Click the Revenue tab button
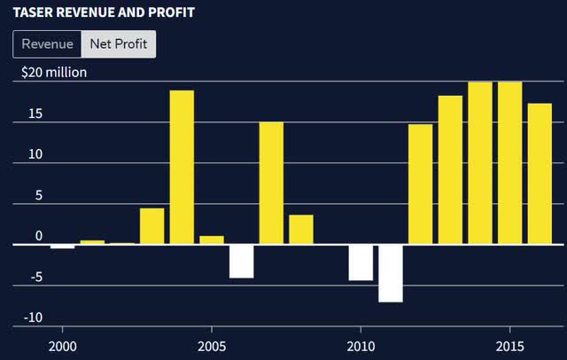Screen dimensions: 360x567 [x=47, y=44]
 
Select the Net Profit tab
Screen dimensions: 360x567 [x=119, y=44]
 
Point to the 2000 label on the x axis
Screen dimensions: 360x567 [x=62, y=345]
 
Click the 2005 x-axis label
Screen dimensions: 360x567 [x=211, y=345]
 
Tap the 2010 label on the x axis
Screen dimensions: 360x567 [x=361, y=345]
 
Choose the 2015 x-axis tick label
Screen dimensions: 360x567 [x=509, y=345]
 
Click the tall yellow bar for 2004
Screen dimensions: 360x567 [x=182, y=167]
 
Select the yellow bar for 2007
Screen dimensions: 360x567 [x=271, y=183]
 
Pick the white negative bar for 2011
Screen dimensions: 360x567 [x=391, y=273]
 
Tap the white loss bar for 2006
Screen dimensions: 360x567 [x=241, y=261]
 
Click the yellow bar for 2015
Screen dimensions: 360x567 [x=509, y=162]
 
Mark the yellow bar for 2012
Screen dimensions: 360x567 [x=420, y=184]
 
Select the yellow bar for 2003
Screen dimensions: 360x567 [x=151, y=226]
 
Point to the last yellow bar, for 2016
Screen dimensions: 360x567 [x=540, y=173]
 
